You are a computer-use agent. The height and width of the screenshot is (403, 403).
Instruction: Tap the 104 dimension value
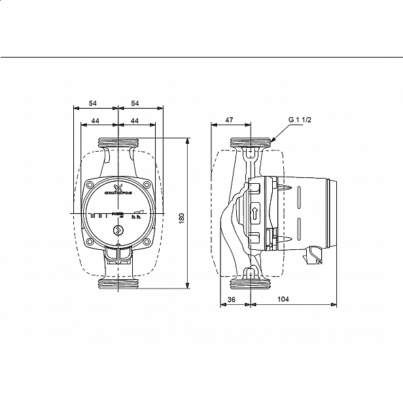tap(283, 299)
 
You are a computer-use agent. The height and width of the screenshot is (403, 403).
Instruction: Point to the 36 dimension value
tap(232, 299)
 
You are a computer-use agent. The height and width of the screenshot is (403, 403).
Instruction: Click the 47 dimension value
tap(229, 120)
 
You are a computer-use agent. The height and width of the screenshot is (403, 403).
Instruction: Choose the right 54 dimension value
tap(135, 103)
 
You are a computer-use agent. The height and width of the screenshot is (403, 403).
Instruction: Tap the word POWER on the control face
tap(116, 214)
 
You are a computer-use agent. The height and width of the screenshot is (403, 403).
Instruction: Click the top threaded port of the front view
tap(118, 142)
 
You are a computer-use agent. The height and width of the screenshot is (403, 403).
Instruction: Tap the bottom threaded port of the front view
tap(118, 283)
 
